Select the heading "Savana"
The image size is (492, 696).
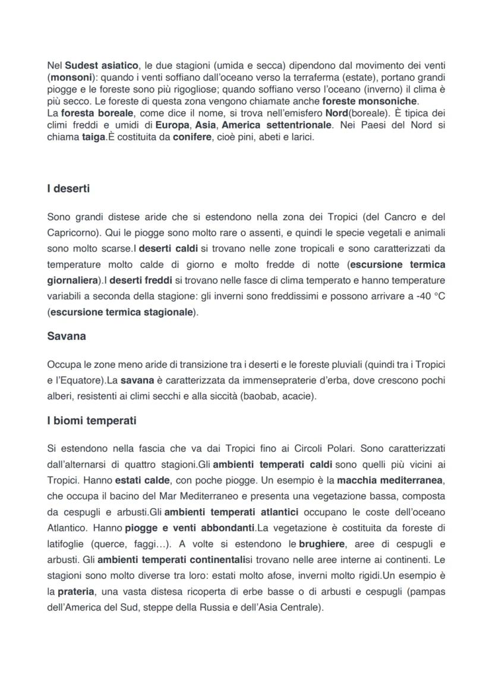tap(66, 336)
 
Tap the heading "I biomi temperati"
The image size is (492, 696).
tap(92, 421)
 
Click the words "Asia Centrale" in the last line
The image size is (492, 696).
tap(291, 608)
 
